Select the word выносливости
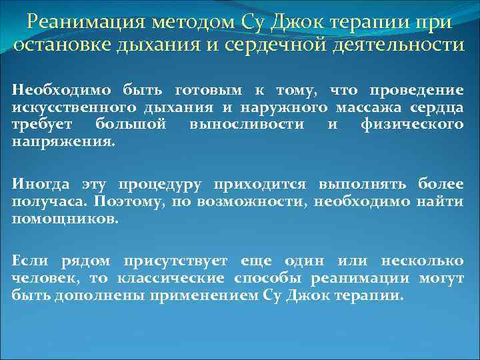tap(247, 125)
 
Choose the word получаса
tap(48, 201)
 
